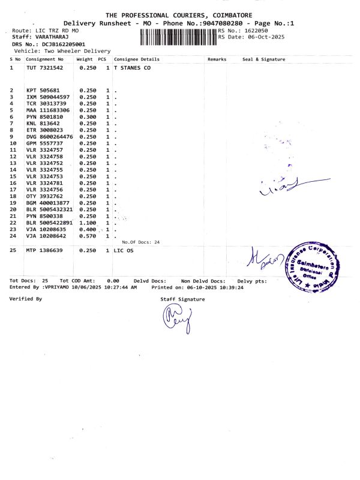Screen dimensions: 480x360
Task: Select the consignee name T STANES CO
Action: pyautogui.click(x=132, y=68)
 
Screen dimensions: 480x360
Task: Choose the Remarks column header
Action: pyautogui.click(x=217, y=59)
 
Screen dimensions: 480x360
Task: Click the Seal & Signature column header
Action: pyautogui.click(x=263, y=59)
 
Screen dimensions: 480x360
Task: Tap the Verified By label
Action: pyautogui.click(x=26, y=298)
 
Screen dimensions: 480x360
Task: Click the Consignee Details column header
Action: pyautogui.click(x=137, y=59)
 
